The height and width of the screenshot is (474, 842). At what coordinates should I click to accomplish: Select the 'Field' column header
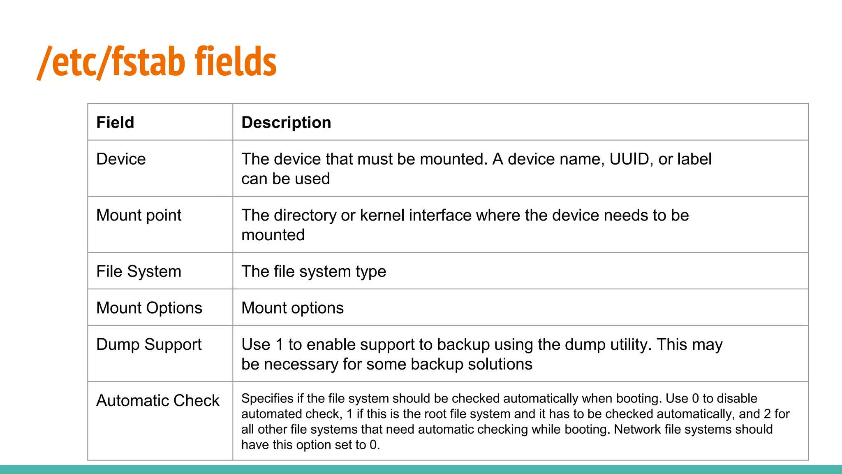point(115,123)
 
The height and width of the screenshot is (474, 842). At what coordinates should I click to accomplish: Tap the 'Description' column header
point(286,123)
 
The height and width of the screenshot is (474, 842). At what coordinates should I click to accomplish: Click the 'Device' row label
point(121,159)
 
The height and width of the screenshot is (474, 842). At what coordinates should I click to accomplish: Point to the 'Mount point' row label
point(139,216)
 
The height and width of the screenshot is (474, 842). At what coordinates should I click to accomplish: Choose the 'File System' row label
point(139,272)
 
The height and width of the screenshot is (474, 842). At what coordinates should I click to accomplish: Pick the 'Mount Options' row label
point(149,308)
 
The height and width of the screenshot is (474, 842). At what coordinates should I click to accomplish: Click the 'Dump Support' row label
point(149,345)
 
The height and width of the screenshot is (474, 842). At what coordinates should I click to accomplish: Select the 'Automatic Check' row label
point(158,401)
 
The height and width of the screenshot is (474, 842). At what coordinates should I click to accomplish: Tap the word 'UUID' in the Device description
point(629,159)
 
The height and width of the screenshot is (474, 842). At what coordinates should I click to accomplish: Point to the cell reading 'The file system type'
point(314,272)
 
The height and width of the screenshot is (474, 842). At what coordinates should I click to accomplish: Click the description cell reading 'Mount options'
point(292,308)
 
